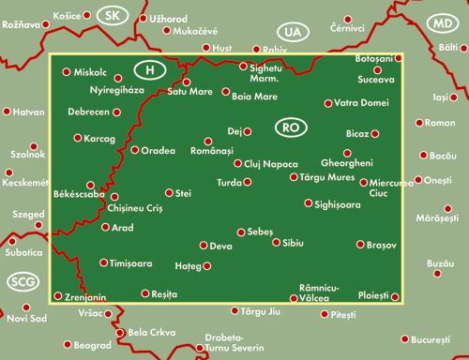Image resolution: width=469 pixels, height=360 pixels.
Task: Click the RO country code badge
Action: click(x=290, y=125)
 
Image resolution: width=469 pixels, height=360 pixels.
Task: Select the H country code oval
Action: click(x=149, y=68)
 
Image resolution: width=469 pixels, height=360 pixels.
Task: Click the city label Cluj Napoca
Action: click(x=271, y=163)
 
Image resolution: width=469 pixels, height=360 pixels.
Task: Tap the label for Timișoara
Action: click(x=130, y=264)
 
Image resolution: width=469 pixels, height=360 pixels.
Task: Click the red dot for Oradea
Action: click(x=134, y=149)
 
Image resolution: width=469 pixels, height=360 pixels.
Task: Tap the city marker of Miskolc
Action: click(x=66, y=71)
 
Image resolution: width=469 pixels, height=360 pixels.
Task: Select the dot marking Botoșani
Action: click(x=399, y=57)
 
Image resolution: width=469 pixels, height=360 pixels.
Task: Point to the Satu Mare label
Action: click(x=189, y=92)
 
